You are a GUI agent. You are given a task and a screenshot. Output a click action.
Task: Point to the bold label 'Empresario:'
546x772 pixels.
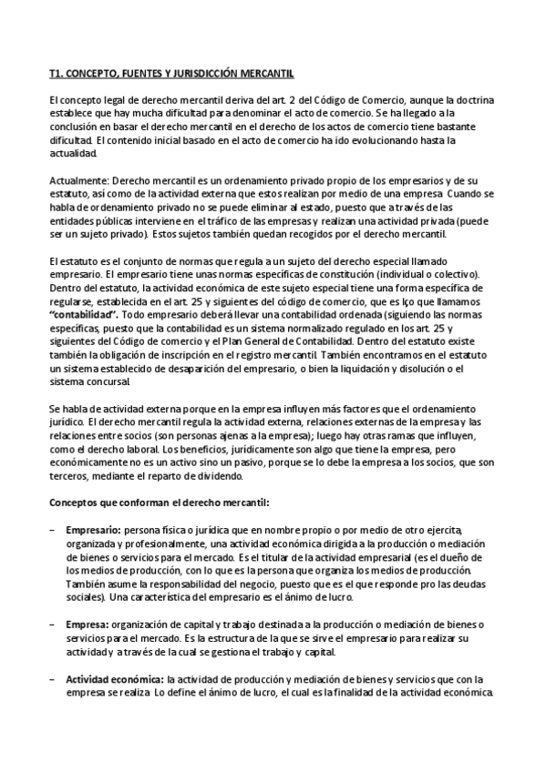tap(94, 531)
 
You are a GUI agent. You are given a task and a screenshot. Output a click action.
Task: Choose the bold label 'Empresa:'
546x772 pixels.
tap(86, 625)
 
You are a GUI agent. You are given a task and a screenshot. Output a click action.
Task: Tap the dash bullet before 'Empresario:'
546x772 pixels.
tap(53, 531)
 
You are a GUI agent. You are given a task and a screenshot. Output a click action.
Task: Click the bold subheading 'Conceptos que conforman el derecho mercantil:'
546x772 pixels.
tap(159, 503)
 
